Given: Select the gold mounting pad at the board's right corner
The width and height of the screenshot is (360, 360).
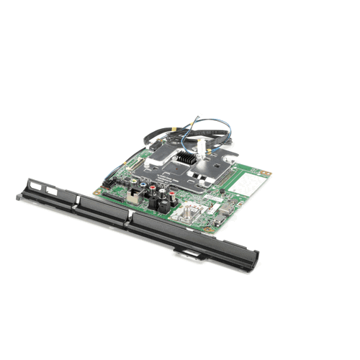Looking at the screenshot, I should (x=266, y=173).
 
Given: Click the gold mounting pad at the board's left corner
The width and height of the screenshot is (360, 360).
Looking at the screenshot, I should (x=97, y=192).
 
